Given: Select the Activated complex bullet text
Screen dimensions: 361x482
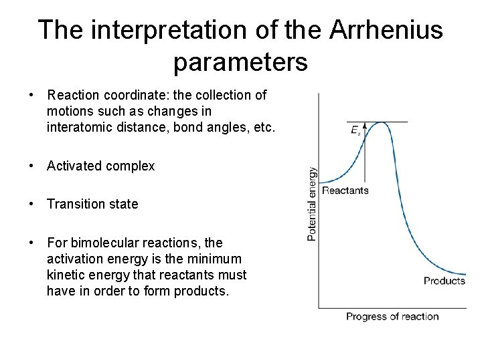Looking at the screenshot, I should pyautogui.click(x=100, y=166).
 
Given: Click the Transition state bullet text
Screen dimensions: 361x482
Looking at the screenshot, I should pyautogui.click(x=92, y=204).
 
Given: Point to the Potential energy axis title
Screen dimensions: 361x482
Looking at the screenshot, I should pyautogui.click(x=312, y=203).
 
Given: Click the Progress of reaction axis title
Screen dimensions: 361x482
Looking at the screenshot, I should pyautogui.click(x=392, y=316).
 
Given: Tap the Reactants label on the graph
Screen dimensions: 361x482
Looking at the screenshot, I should pyautogui.click(x=345, y=191).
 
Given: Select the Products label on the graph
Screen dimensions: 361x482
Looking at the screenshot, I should pyautogui.click(x=444, y=281).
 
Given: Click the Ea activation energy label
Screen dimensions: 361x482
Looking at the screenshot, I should pyautogui.click(x=355, y=130).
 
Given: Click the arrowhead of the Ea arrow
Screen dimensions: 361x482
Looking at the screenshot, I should pyautogui.click(x=365, y=125).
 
